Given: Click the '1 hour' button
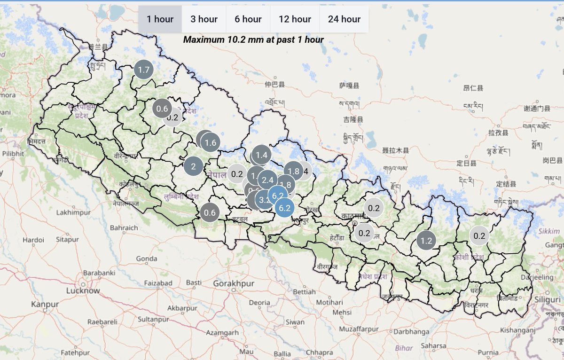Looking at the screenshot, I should [x=160, y=19].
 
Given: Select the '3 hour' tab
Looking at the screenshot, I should [x=204, y=19].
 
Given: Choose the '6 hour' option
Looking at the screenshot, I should [x=248, y=19].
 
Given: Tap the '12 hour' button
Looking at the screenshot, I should [x=295, y=19].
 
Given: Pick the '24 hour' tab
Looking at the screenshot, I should [x=344, y=19].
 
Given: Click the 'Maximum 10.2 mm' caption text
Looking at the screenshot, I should [x=253, y=39].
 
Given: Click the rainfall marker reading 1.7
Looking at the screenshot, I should [x=143, y=70].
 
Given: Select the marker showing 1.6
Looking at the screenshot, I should [x=211, y=143].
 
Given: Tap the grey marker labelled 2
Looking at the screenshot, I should [x=193, y=166].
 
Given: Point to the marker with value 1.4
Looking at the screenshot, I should [x=261, y=155].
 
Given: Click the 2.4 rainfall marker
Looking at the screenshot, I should [x=267, y=180].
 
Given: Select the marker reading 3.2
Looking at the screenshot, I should [x=265, y=200].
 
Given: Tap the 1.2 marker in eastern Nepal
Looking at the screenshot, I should [x=426, y=241].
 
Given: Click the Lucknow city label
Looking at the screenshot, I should [x=83, y=290].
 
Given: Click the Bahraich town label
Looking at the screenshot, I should [x=124, y=227].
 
